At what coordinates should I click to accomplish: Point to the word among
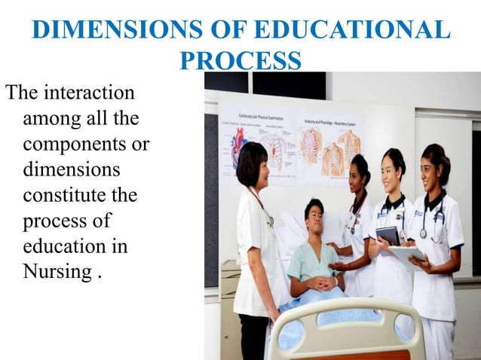(x=53, y=118)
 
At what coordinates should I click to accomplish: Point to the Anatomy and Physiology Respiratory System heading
(x=331, y=118)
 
